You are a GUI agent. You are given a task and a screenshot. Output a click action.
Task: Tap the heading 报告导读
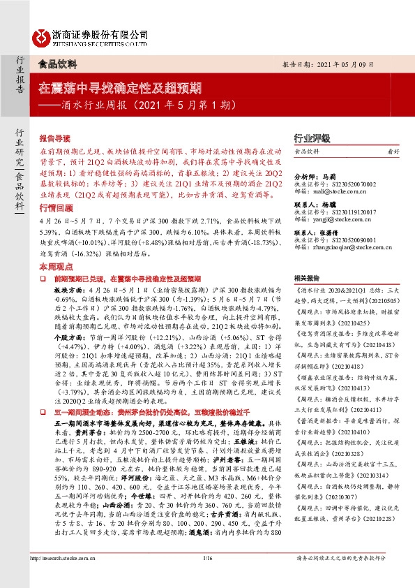click(55, 138)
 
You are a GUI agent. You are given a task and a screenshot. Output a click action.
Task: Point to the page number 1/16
click(207, 577)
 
